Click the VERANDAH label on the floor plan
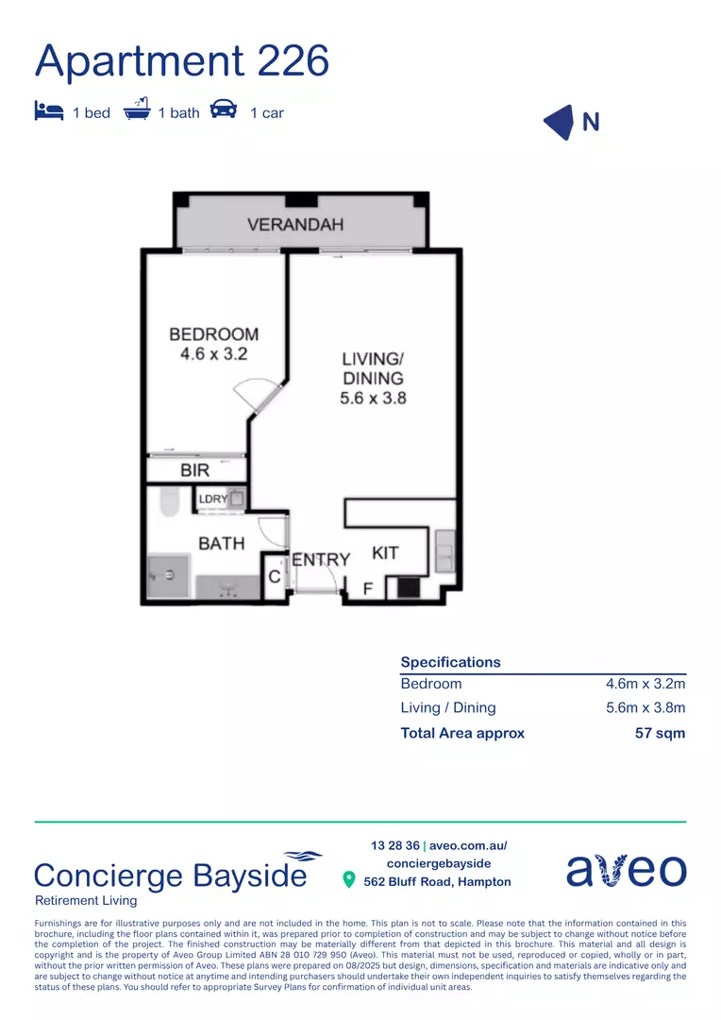pyautogui.click(x=295, y=225)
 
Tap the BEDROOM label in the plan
pyautogui.click(x=213, y=334)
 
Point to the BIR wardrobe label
pyautogui.click(x=194, y=469)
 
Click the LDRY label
pyautogui.click(x=212, y=499)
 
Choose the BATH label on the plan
pyautogui.click(x=221, y=543)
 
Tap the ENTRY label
pyautogui.click(x=321, y=559)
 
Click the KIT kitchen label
pyautogui.click(x=385, y=552)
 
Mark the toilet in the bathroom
pyautogui.click(x=169, y=503)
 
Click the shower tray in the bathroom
pyautogui.click(x=168, y=574)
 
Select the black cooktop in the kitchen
pyautogui.click(x=409, y=587)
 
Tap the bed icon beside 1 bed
pyautogui.click(x=48, y=110)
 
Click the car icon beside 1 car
pyautogui.click(x=224, y=110)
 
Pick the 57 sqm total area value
pyautogui.click(x=660, y=733)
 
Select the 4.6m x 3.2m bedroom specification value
pyautogui.click(x=645, y=684)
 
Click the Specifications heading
pyautogui.click(x=450, y=662)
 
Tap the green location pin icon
pyautogui.click(x=349, y=880)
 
